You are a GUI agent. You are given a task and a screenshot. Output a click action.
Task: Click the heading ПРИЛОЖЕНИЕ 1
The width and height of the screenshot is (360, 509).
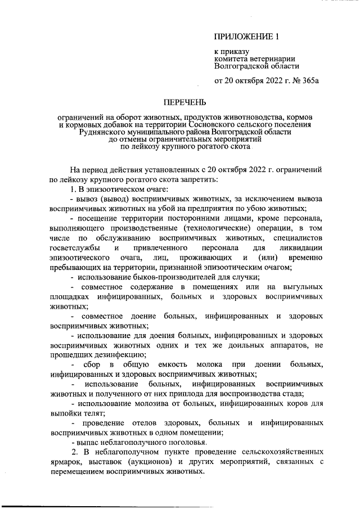point(246,38)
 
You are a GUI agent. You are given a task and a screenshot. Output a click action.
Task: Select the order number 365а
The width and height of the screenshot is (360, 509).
point(307,80)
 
